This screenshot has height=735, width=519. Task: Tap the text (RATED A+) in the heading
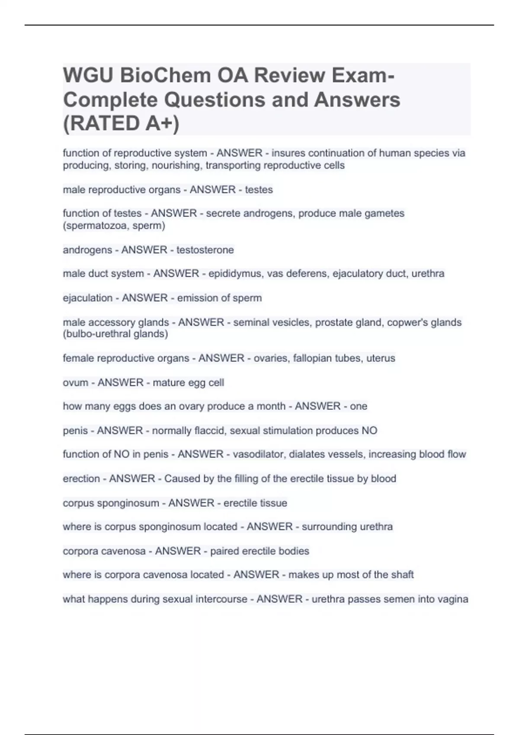pyautogui.click(x=121, y=123)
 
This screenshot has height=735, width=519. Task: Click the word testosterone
pyautogui.click(x=205, y=250)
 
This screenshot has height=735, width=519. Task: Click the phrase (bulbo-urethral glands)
pyautogui.click(x=115, y=334)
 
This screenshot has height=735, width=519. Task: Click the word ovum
pyautogui.click(x=75, y=383)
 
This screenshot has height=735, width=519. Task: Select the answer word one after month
pyautogui.click(x=359, y=406)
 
